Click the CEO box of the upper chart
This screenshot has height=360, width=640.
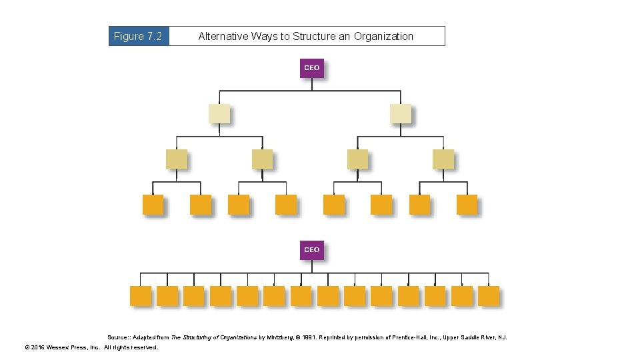click(x=311, y=68)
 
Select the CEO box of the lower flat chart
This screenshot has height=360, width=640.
click(x=311, y=250)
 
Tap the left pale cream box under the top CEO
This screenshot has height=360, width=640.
click(x=219, y=114)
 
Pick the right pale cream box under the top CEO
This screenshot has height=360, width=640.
click(x=400, y=114)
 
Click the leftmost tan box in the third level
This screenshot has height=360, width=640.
click(x=177, y=159)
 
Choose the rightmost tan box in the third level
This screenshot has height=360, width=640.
click(x=443, y=159)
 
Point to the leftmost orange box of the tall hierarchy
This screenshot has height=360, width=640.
click(x=153, y=205)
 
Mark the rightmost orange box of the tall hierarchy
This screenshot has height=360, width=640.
click(x=467, y=205)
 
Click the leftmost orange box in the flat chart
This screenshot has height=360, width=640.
click(x=140, y=296)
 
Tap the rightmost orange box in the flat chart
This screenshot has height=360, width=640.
click(x=488, y=296)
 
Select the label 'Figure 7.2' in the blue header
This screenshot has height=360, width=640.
click(x=138, y=37)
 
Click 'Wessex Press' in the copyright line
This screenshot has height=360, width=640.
click(x=71, y=347)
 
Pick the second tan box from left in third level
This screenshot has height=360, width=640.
click(x=262, y=159)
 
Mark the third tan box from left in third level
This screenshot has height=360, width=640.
click(x=357, y=159)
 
